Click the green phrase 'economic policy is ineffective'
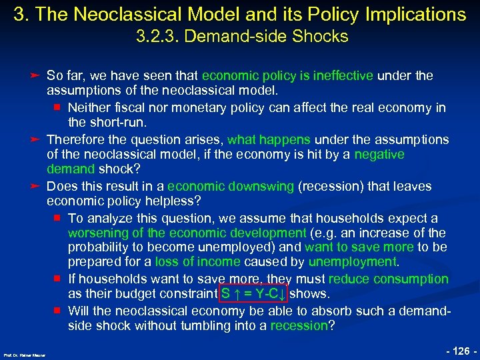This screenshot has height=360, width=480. [x=287, y=76]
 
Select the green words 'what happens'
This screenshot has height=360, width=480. [x=269, y=140]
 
